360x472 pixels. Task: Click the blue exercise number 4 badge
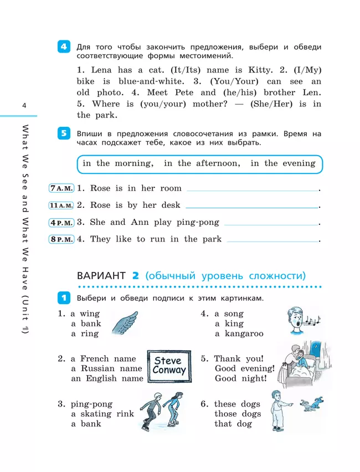point(64,48)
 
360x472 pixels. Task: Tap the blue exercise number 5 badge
point(64,134)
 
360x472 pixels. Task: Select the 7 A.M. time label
point(61,188)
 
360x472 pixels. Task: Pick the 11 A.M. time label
point(61,206)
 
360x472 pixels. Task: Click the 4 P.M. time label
point(61,223)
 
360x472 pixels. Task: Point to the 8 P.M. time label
point(61,239)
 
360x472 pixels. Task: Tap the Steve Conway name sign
point(169,366)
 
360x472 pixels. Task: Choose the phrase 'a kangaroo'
point(239,334)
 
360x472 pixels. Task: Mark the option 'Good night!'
point(240,379)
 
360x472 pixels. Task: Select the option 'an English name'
point(107,379)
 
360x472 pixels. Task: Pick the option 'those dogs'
point(237,414)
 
